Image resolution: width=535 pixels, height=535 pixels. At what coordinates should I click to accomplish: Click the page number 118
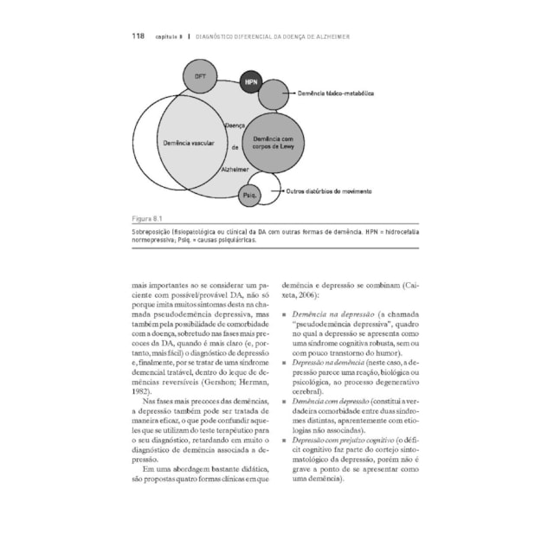[x=138, y=36]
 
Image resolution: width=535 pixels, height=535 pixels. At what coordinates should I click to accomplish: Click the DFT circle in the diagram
[x=200, y=77]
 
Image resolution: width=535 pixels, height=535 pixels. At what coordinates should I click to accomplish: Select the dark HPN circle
[x=251, y=82]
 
